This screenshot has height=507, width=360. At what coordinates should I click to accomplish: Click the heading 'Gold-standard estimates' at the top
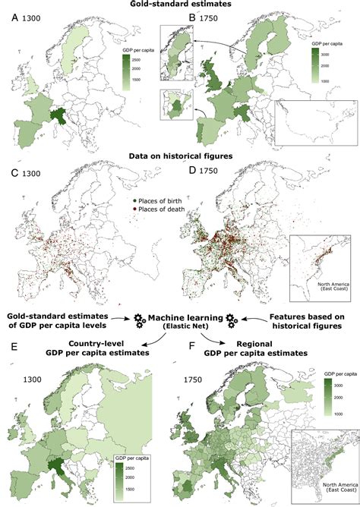tap(181, 5)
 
